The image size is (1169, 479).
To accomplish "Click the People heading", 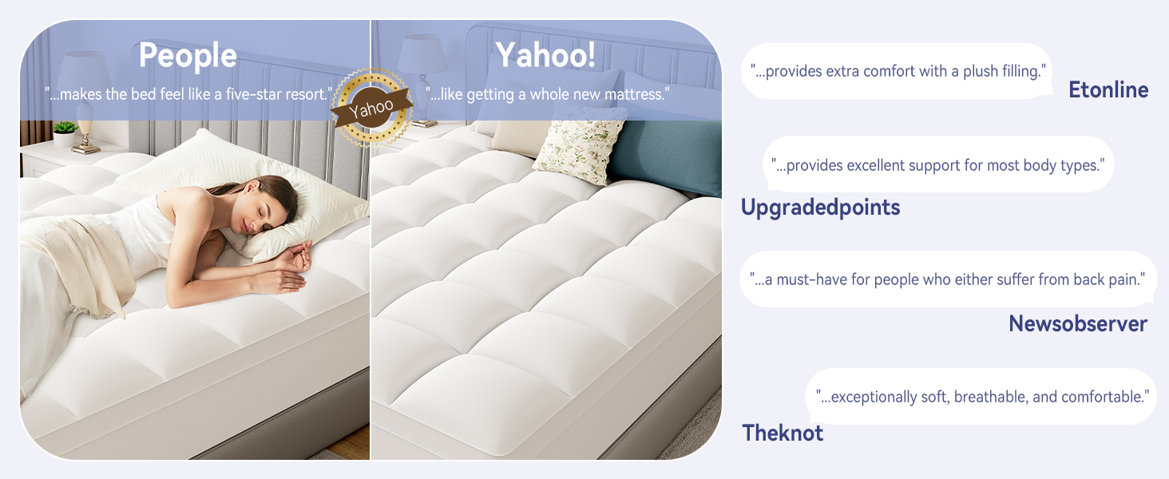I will [x=188, y=56].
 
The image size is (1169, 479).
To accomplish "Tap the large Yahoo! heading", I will [x=546, y=55].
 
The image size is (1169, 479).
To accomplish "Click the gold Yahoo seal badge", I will [x=371, y=108].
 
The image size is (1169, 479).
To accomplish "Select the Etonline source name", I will [x=1108, y=90].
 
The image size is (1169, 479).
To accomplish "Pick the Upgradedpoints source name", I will [x=820, y=208].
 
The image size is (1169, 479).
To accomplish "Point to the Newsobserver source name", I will [x=1078, y=323].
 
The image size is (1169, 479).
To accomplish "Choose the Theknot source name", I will [x=783, y=433].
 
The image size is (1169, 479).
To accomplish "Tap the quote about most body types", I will [x=938, y=165].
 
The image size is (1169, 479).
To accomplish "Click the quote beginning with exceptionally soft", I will [x=982, y=396].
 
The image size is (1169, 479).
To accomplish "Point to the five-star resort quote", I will [x=188, y=94].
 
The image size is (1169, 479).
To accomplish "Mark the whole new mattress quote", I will [x=547, y=94].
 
